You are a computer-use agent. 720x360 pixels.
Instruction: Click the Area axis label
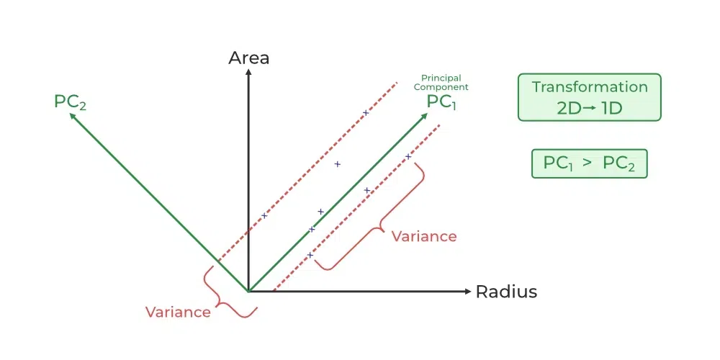(248, 58)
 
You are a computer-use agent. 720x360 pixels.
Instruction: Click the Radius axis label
(506, 292)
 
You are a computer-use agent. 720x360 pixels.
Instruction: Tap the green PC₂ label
(70, 102)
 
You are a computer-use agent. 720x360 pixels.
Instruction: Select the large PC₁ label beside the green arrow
(441, 102)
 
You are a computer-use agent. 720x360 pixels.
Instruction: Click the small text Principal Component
(441, 83)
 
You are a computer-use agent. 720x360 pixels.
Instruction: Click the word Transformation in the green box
(590, 87)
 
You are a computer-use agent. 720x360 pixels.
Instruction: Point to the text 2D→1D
(590, 109)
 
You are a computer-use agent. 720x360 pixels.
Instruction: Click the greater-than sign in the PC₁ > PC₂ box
(588, 163)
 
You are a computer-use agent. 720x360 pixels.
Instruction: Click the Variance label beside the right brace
(423, 236)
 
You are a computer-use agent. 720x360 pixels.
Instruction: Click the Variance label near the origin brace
(178, 312)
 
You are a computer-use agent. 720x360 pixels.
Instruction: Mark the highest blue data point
(366, 112)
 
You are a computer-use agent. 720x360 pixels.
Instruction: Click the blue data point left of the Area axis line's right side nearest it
(264, 215)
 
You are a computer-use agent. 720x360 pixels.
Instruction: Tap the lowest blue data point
(310, 255)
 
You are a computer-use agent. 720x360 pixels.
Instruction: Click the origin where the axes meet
(248, 292)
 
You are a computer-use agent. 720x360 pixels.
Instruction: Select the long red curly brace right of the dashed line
(375, 220)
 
